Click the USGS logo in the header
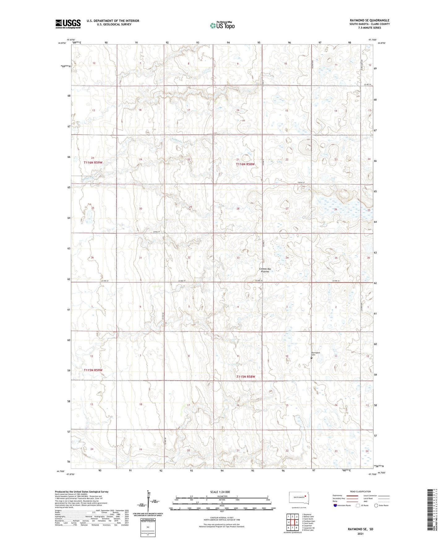pos(68,24)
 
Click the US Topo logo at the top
pos(222,25)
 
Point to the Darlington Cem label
pos(316,354)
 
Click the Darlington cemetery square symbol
pos(311,358)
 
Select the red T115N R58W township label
pos(246,377)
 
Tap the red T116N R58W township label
pos(245,164)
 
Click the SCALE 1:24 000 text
pos(220,492)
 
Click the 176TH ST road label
pos(301,183)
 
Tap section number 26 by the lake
pos(336,209)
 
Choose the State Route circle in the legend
pos(376,505)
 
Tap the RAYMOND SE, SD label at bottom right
pos(360,529)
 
